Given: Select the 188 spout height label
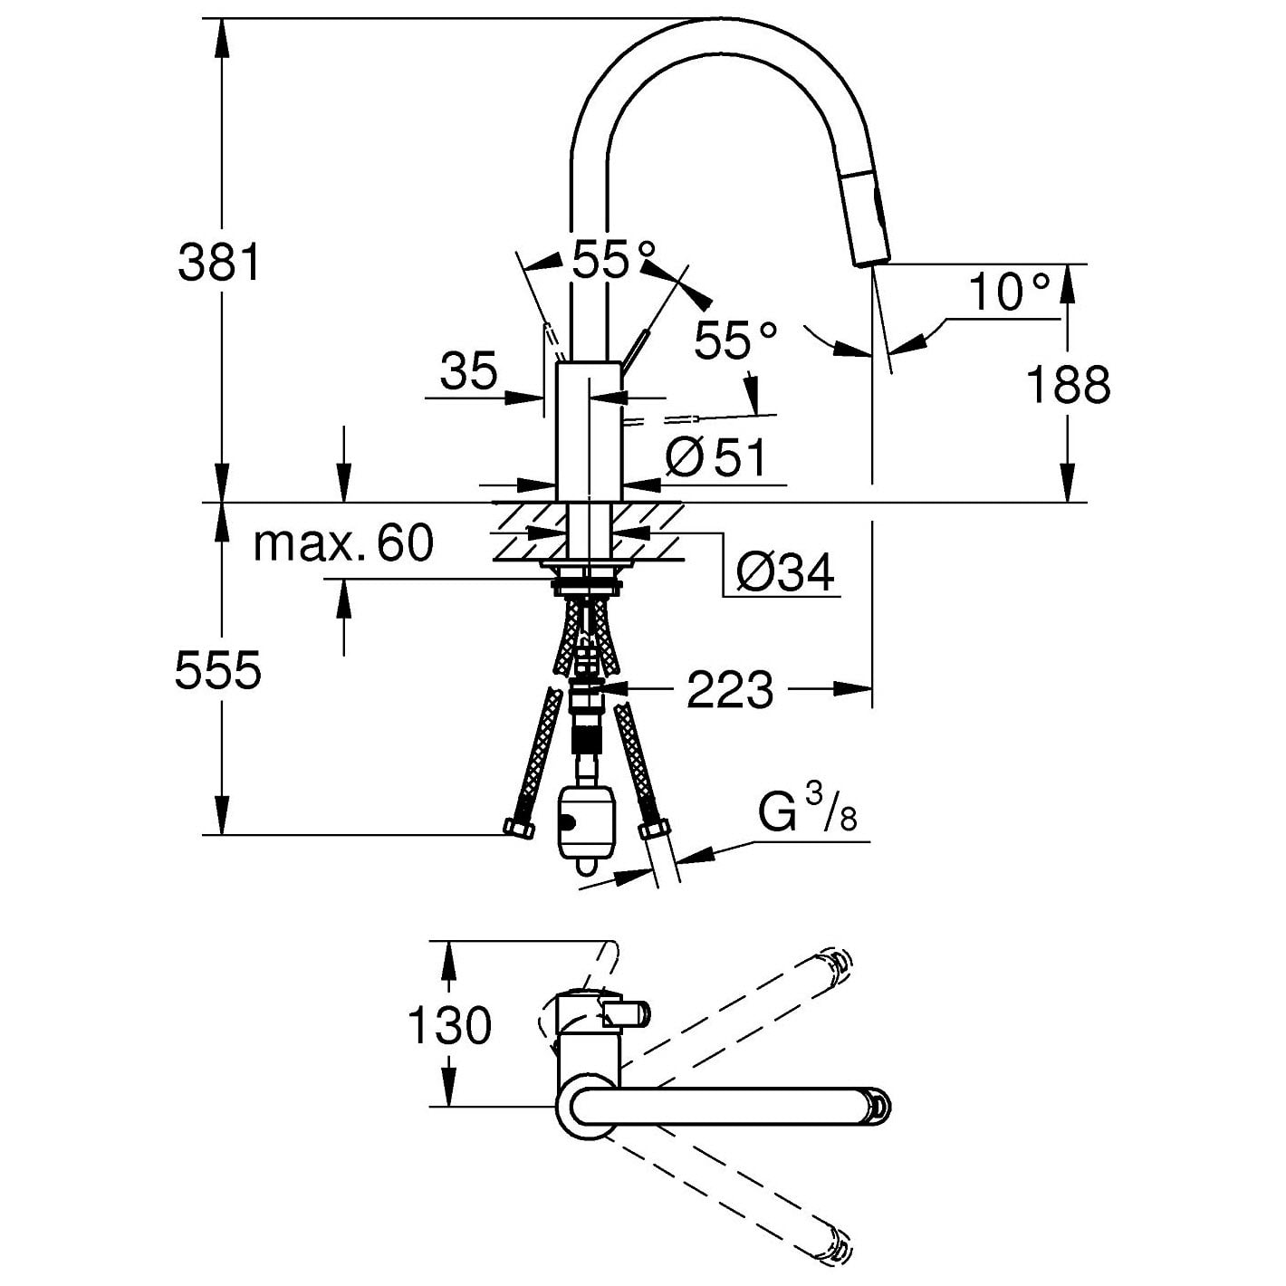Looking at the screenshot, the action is (x=1068, y=385).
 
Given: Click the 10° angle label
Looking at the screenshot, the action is (x=1009, y=293).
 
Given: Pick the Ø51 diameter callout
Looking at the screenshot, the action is (x=716, y=458).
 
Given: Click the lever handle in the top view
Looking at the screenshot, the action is (x=626, y=1013).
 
